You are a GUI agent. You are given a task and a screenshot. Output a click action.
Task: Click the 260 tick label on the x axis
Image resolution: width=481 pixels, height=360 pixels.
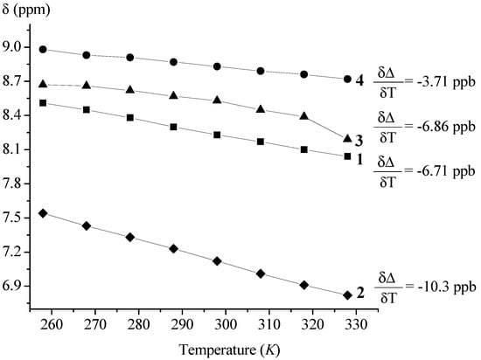pos(52,322)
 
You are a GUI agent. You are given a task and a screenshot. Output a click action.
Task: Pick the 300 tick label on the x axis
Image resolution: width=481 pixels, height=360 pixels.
pos(192,322)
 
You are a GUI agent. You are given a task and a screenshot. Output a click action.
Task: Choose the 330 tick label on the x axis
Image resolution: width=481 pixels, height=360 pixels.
pos(296,322)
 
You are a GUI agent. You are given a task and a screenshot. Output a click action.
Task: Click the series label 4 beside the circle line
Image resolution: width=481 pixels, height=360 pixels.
pos(360,80)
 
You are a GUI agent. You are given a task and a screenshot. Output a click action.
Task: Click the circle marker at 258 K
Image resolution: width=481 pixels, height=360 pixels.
pos(42,50)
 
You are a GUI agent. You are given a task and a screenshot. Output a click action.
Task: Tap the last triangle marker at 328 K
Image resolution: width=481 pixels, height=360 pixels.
pos(347,138)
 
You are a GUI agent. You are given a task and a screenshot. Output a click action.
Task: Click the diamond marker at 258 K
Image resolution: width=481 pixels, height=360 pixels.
pos(42,212)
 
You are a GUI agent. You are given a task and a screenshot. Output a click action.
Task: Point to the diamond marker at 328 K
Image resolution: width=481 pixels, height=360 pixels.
pos(347,295)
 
